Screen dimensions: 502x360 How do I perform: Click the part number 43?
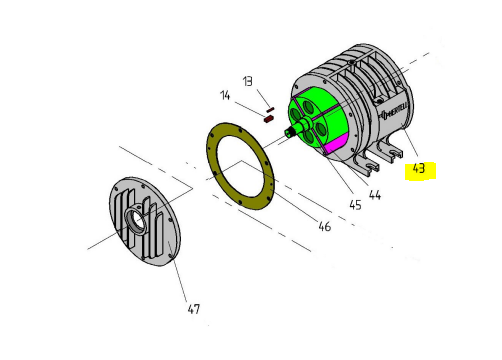419,168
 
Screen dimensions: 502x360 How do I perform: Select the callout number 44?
375,195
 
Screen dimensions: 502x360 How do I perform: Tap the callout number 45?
355,205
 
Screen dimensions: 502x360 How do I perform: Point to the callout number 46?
325,226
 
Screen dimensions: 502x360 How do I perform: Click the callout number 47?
194,309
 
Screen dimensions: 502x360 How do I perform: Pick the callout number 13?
248,81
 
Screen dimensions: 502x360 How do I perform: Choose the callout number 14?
225,95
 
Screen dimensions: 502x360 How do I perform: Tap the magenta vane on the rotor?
337,144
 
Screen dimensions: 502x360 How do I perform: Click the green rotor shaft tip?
288,132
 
